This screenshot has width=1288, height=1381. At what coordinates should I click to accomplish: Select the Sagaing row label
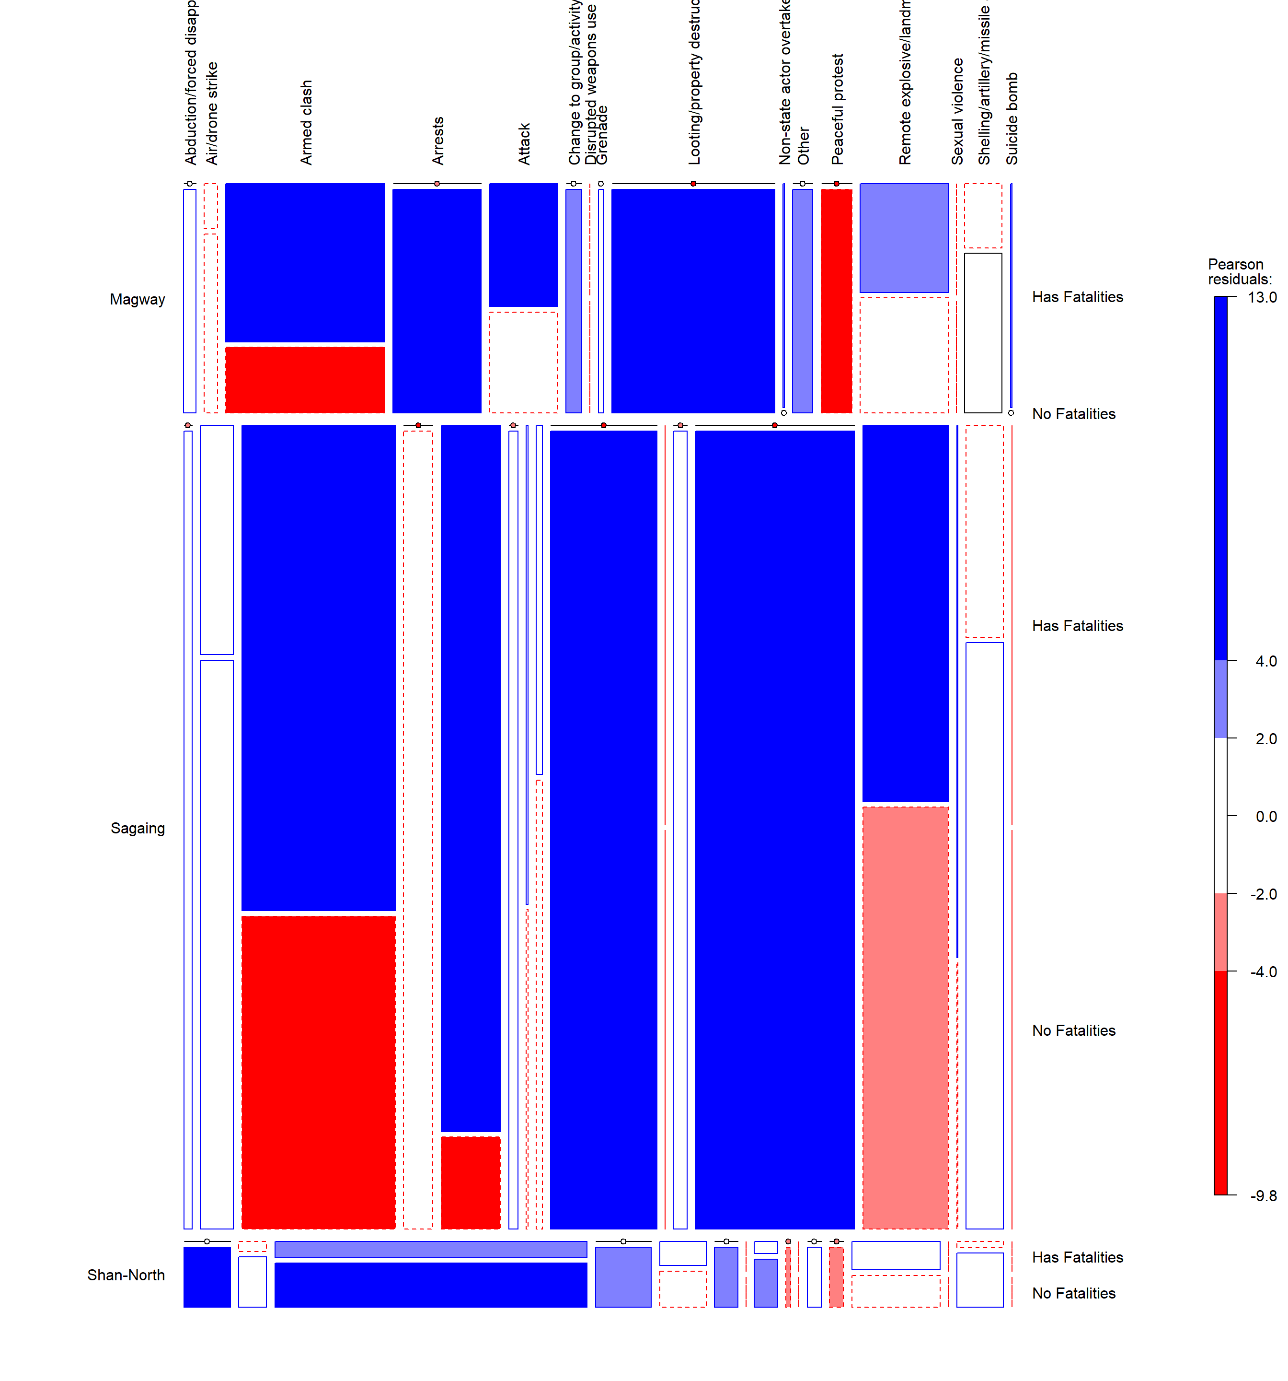pos(138,828)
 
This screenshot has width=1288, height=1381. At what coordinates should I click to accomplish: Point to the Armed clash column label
pos(306,122)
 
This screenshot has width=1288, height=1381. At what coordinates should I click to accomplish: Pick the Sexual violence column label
pos(957,111)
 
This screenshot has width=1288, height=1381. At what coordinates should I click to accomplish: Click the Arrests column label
pos(437,140)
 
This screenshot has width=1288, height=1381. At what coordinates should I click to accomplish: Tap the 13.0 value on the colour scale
pos(1262,297)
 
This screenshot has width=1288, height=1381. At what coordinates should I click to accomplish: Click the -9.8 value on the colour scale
pos(1263,1195)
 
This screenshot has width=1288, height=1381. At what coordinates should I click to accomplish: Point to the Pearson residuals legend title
pos(1240,271)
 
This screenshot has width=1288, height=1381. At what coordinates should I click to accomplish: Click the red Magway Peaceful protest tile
pos(836,301)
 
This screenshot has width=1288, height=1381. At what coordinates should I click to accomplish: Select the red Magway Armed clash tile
pos(305,379)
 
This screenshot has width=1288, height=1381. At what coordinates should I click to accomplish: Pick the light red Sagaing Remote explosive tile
pos(905,1017)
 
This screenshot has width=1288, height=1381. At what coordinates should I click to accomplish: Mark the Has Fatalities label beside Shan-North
pos(1077,1257)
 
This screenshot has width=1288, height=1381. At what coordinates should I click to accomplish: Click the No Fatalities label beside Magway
pos(1073,414)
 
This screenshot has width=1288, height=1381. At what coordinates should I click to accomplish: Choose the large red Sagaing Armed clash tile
pos(318,1072)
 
